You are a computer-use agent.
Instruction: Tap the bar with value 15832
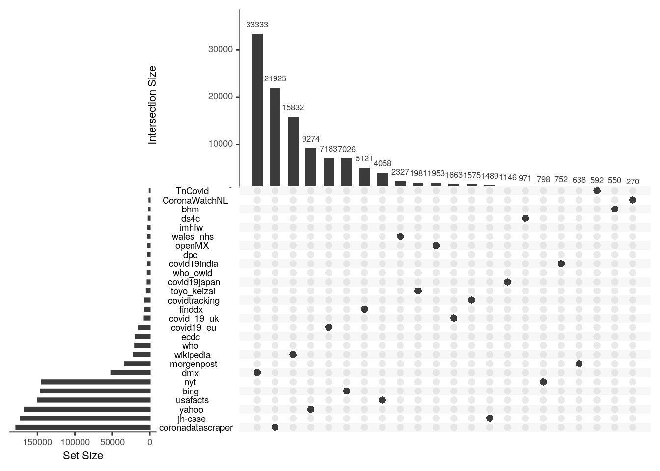click(293, 151)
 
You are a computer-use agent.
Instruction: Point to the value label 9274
click(311, 139)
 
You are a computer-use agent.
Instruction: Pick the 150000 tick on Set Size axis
click(38, 442)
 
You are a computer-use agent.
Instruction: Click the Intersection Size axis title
click(152, 105)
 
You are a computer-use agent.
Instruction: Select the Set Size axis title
click(83, 456)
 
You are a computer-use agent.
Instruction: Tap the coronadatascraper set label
click(196, 428)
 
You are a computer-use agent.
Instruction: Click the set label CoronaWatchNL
click(195, 200)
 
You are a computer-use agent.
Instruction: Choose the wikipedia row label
click(192, 355)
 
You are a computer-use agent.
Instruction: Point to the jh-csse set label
click(192, 419)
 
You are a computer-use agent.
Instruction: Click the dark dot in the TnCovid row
click(597, 191)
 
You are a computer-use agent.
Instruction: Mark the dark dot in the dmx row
click(257, 373)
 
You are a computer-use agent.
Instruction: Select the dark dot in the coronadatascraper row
click(275, 427)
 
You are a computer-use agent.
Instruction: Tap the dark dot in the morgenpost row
click(579, 364)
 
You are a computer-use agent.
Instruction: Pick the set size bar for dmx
click(131, 373)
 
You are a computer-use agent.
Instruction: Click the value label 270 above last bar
click(632, 182)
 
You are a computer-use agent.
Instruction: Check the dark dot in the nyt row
click(543, 382)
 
